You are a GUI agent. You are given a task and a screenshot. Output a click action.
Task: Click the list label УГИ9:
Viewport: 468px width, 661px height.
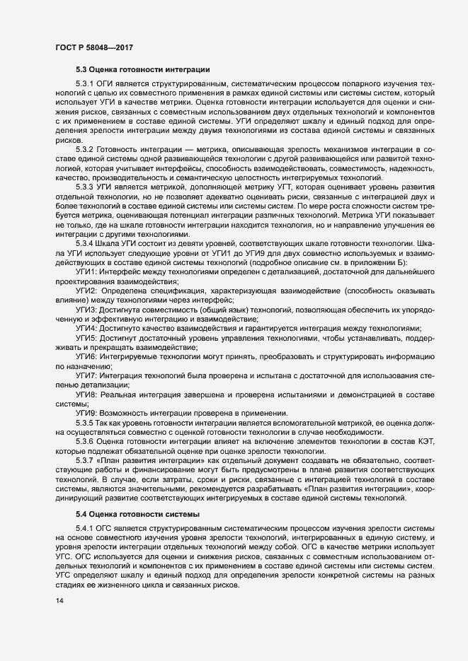pyautogui.click(x=88, y=412)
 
